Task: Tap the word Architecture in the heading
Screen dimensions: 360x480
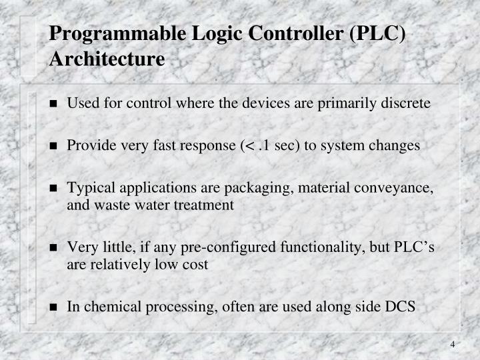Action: pos(107,59)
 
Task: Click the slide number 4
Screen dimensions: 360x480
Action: pos(453,344)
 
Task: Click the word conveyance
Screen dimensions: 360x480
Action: pos(396,189)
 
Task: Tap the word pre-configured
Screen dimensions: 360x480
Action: pos(220,248)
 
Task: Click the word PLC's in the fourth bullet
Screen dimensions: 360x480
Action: pos(413,247)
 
